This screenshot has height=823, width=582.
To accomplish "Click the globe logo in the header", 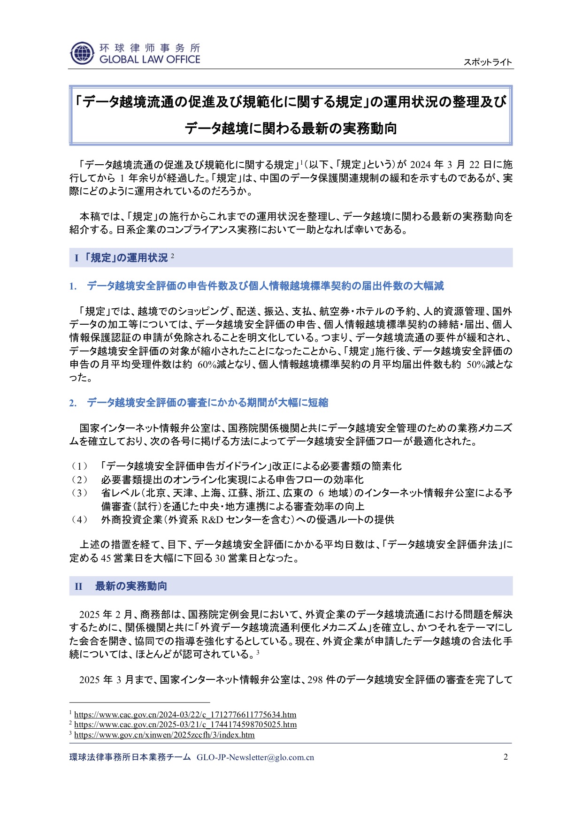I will coord(82,53).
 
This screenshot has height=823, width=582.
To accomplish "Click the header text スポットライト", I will coord(488,62).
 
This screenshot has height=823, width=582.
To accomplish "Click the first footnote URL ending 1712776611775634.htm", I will coord(185,715).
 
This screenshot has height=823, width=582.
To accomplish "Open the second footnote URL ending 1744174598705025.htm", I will coord(185,724).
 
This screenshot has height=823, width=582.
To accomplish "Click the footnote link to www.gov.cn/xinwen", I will coord(164,735).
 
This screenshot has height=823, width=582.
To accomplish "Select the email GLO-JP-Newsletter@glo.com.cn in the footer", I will coord(255,757).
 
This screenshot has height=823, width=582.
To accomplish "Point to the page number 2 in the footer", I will coord(505,757).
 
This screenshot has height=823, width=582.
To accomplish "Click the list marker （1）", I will coord(79,466).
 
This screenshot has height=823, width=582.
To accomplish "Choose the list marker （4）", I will coord(79,519).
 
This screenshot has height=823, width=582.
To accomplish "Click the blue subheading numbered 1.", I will coord(265,286).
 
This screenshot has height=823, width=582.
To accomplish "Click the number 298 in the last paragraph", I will coord(315,679).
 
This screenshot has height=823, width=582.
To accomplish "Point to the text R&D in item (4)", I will coord(212,519).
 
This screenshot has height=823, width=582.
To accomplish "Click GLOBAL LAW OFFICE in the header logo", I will coord(150,60).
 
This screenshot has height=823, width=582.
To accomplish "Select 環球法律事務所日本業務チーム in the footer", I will coord(130,757).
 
